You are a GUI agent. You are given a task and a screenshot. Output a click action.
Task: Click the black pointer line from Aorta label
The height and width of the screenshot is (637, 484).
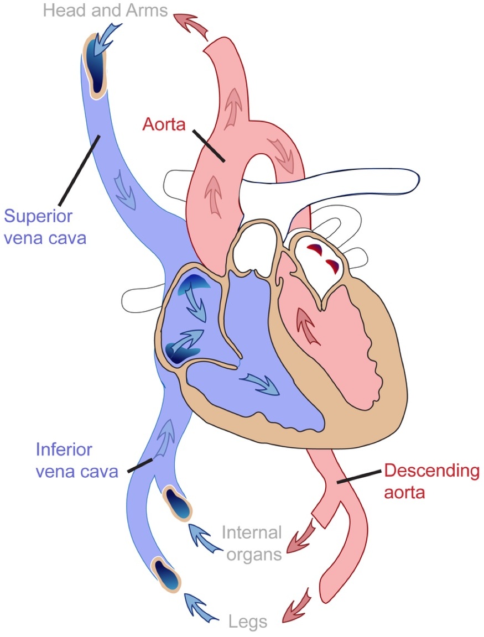click(208, 145)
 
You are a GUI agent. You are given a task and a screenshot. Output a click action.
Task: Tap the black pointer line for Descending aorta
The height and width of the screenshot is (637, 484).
click(359, 477)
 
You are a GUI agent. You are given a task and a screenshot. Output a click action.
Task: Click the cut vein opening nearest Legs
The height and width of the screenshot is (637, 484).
click(166, 575)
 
